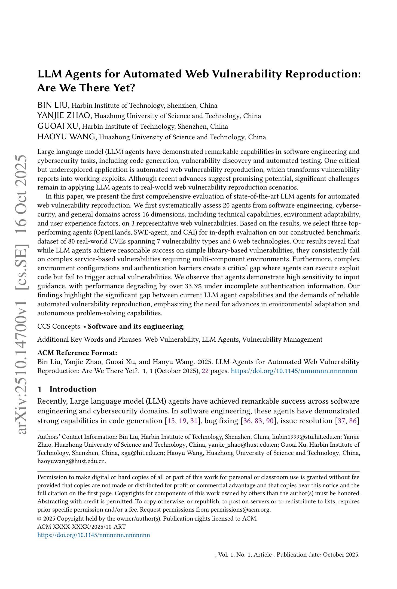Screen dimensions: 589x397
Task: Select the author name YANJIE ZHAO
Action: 64,116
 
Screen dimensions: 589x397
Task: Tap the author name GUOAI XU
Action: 58,126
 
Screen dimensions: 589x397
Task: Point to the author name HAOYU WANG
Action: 67,137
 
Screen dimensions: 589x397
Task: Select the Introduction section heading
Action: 73,389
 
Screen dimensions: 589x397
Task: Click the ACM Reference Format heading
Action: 77,353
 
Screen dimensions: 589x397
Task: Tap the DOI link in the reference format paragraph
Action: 294,371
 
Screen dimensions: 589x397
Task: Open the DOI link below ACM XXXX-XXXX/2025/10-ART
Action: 93,535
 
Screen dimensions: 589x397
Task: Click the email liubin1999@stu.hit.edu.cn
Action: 306,437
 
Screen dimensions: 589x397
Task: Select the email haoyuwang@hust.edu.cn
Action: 71,461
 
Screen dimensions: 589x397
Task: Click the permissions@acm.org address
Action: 240,510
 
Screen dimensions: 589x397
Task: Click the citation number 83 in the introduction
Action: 258,421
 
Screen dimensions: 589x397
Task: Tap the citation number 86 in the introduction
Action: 353,421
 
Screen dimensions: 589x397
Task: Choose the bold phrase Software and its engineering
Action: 135,326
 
